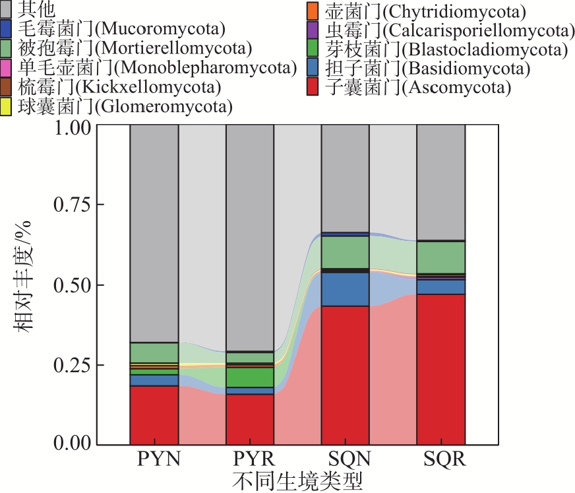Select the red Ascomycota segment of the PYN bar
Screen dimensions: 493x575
[154, 414]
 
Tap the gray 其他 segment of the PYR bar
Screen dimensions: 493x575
[250, 238]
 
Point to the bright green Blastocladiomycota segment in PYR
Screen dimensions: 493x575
[250, 377]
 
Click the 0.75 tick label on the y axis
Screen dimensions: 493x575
[73, 205]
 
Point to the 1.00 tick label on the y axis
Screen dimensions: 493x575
[73, 127]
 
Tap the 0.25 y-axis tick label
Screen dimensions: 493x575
[73, 364]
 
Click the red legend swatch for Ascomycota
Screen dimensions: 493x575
[313, 87]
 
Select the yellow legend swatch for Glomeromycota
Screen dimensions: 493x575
[7, 106]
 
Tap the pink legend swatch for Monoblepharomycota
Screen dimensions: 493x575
[7, 67]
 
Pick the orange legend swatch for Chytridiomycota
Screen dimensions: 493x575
[313, 11]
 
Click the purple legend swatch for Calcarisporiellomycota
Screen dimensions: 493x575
[313, 30]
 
